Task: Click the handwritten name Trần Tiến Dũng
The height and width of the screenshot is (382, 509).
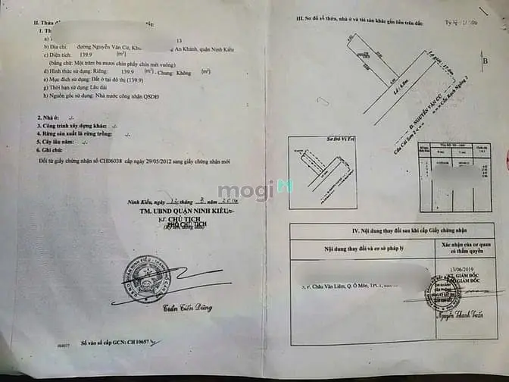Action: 186,308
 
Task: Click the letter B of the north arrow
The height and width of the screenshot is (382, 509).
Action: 485,58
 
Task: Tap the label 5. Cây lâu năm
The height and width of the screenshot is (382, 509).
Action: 58,142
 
